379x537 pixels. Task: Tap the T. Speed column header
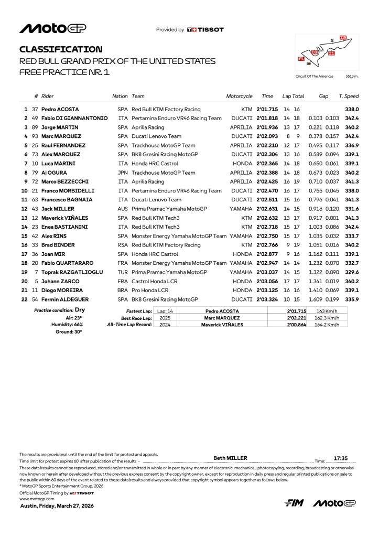[x=349, y=96]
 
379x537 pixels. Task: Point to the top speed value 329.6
[x=351, y=272]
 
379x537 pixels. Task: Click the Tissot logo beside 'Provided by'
[x=205, y=30]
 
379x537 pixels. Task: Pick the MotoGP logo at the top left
[x=53, y=28]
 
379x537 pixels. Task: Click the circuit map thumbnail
[x=327, y=53]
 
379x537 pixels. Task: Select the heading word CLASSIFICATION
[x=61, y=49]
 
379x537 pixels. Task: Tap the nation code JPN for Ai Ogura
[x=123, y=173]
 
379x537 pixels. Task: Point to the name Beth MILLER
[x=231, y=458]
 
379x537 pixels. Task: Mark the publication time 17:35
[x=341, y=458]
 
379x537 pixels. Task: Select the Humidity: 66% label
[x=68, y=325]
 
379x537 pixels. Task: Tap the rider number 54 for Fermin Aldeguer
[x=35, y=299]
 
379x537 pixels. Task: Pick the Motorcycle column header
[x=239, y=96]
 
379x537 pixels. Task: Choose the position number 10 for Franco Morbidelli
[x=24, y=191]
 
